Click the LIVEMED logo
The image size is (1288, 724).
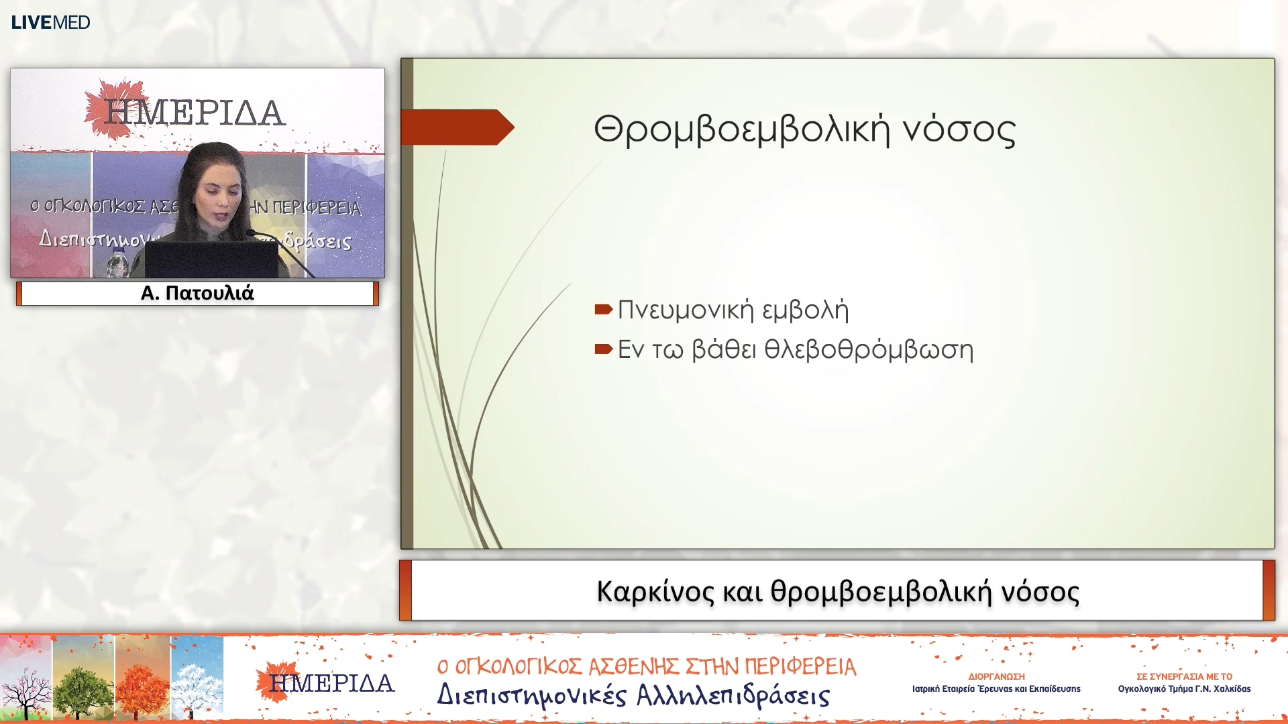pos(50,22)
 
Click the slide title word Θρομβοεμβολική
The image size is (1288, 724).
pos(741,129)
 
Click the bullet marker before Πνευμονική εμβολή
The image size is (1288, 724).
pos(603,309)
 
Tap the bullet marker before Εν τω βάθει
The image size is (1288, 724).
pos(603,349)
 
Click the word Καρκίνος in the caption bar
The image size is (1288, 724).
pos(655,591)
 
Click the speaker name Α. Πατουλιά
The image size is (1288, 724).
pos(197,293)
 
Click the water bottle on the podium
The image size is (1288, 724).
pos(118,263)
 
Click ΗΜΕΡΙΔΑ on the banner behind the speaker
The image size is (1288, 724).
pos(195,112)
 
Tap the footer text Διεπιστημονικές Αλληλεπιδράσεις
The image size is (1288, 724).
pos(633,695)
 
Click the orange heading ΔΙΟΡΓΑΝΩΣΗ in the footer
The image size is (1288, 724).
pos(996,676)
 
